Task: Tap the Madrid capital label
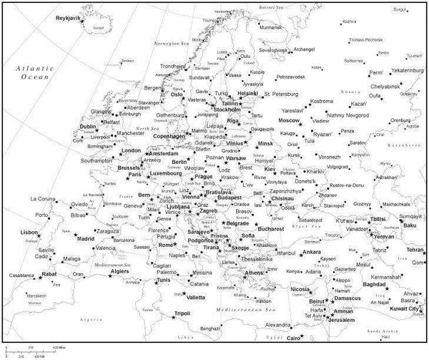point(85,238)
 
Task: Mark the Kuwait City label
point(405,308)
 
